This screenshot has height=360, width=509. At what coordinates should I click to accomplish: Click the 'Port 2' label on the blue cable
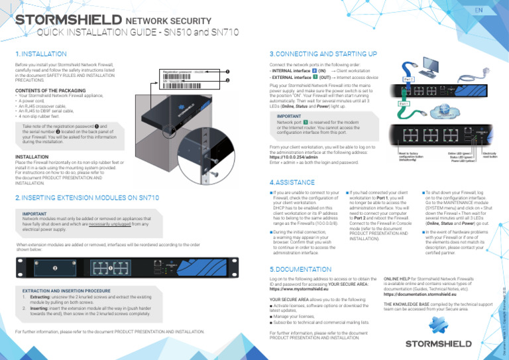tap(409, 79)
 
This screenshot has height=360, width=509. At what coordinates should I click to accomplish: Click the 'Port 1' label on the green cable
tap(404, 103)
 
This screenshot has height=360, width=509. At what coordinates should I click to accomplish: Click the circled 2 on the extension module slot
tap(56, 267)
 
